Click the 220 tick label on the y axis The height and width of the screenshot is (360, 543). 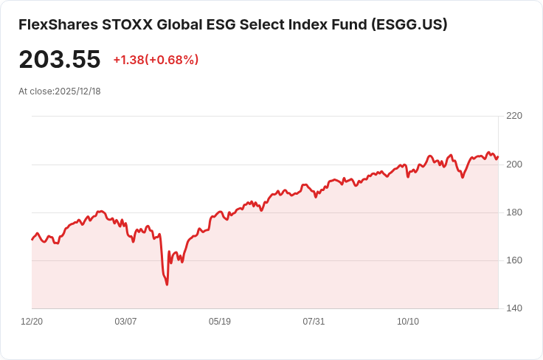coord(514,116)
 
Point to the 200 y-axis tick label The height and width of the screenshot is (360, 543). coord(514,164)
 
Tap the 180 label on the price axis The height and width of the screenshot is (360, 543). coord(514,212)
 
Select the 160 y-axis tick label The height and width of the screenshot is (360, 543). coord(514,260)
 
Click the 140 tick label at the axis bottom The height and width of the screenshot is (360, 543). coord(514,308)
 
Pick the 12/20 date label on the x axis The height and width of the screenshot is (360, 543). coord(32,322)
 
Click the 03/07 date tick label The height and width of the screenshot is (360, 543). coord(126,322)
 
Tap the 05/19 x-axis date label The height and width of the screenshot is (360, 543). coord(220,322)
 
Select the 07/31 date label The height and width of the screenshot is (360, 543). coord(314,322)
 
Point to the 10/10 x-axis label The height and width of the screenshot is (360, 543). coord(408,322)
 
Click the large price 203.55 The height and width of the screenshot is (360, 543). coord(60,59)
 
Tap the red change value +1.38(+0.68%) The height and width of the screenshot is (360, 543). coord(156,60)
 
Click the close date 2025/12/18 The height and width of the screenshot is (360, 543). coord(77,91)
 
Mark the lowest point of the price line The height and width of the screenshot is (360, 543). coord(167,285)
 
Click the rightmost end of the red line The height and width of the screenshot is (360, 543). coord(498,156)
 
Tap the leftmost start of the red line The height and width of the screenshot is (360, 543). coord(32,240)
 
